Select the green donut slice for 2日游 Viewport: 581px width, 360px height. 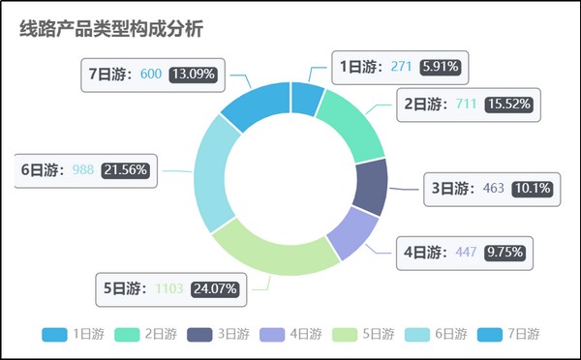[x=351, y=121]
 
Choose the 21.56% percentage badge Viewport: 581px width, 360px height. [x=126, y=170]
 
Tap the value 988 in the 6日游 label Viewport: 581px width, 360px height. [x=83, y=170]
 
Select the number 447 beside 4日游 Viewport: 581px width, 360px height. [x=467, y=253]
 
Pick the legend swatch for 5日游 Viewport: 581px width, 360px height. [x=345, y=334]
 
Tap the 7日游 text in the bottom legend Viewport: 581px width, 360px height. [x=524, y=334]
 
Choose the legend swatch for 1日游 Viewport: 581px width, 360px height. [x=54, y=334]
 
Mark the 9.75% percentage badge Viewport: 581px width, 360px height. [x=505, y=253]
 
